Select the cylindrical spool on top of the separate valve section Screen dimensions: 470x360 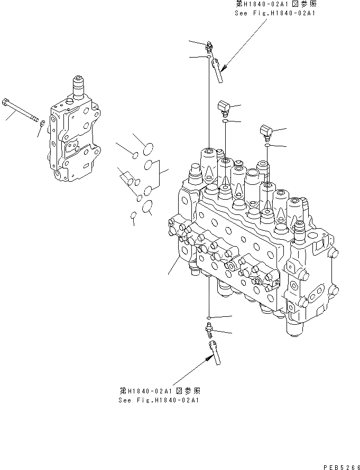click(78, 86)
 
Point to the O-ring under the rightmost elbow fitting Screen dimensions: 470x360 click(269, 144)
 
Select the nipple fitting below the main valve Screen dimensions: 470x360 click(208, 331)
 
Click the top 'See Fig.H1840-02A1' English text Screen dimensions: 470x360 click(274, 13)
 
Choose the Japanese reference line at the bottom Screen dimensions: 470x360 click(159, 391)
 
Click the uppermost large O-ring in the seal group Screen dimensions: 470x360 click(149, 147)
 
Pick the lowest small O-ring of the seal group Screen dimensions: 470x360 click(133, 214)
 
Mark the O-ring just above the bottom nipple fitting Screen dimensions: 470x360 click(209, 318)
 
